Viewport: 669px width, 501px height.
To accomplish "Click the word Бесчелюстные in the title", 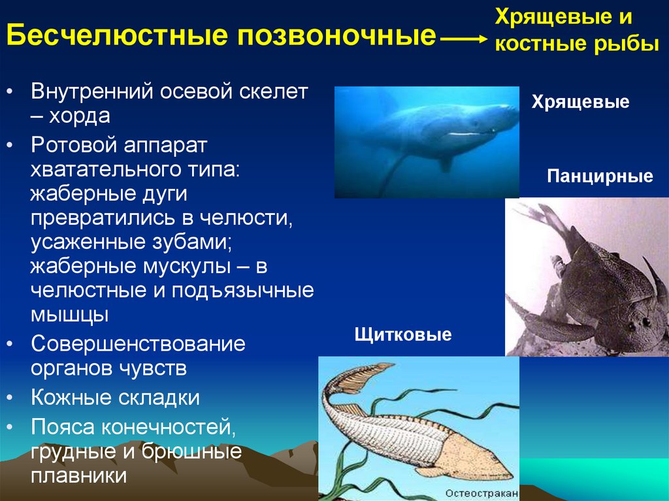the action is [x=117, y=35].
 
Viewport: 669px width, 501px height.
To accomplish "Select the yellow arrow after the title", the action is [x=463, y=39].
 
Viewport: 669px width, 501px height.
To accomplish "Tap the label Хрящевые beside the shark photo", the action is [x=580, y=103].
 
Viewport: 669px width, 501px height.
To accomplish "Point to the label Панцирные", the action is [x=600, y=176].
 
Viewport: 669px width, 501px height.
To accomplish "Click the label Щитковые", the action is [x=402, y=334].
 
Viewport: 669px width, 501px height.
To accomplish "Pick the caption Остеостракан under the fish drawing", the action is [x=481, y=493].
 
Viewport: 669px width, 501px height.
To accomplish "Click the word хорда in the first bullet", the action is [x=79, y=116].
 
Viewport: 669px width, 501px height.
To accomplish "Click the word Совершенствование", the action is [x=139, y=344].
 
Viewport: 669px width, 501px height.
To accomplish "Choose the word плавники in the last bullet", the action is [x=79, y=476].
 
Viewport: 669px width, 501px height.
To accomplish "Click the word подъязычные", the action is [x=243, y=291].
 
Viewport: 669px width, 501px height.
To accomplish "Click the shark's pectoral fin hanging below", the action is [x=446, y=164].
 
